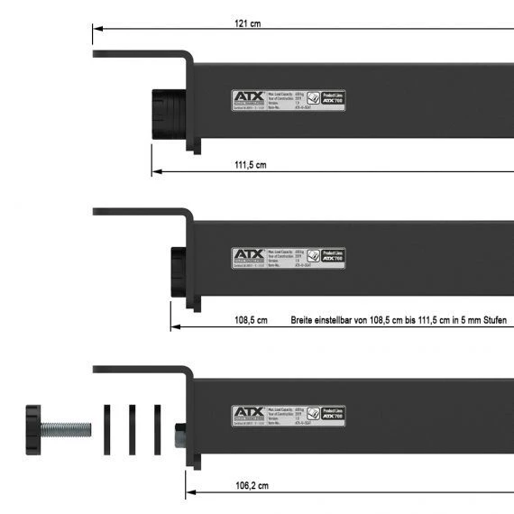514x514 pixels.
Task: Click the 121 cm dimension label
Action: pyautogui.click(x=249, y=23)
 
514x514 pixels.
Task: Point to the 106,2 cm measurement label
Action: pyautogui.click(x=252, y=486)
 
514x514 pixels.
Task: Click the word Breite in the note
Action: pyautogui.click(x=303, y=321)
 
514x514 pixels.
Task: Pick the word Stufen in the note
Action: pyautogui.click(x=491, y=321)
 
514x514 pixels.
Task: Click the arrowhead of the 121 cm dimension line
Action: pyautogui.click(x=96, y=29)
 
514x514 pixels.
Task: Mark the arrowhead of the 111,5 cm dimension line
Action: pyautogui.click(x=155, y=170)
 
